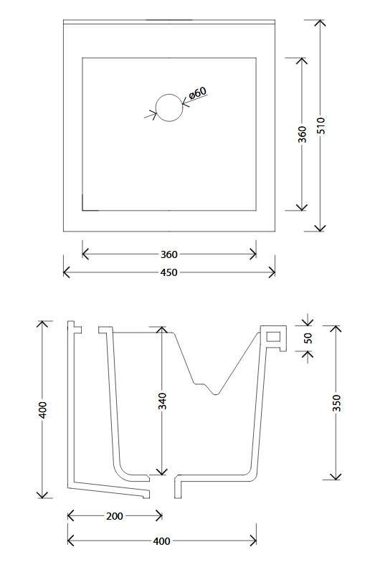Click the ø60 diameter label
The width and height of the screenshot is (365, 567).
click(x=197, y=93)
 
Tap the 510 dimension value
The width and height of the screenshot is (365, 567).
click(x=321, y=125)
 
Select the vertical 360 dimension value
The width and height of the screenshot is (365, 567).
click(x=302, y=134)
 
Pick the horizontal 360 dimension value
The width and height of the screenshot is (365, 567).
click(x=169, y=254)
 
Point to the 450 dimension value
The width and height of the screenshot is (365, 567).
click(x=169, y=272)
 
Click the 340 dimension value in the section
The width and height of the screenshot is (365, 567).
click(x=163, y=401)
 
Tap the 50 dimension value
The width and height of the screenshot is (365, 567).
click(x=308, y=338)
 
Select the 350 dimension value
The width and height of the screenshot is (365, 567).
click(x=336, y=403)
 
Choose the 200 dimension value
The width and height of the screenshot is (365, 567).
click(x=115, y=516)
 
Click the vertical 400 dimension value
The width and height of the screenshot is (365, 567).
click(x=43, y=410)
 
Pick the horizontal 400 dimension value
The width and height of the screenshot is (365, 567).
click(x=161, y=541)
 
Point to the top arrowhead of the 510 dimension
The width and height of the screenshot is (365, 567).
click(x=320, y=23)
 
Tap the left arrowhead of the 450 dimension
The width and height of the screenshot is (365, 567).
click(x=67, y=272)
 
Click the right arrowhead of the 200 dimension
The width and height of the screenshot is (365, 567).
click(x=158, y=516)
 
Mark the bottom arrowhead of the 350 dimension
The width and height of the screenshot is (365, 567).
click(x=336, y=477)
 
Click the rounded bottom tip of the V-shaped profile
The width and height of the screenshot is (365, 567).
click(x=216, y=394)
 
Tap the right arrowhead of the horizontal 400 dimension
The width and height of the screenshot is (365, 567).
click(x=253, y=541)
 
